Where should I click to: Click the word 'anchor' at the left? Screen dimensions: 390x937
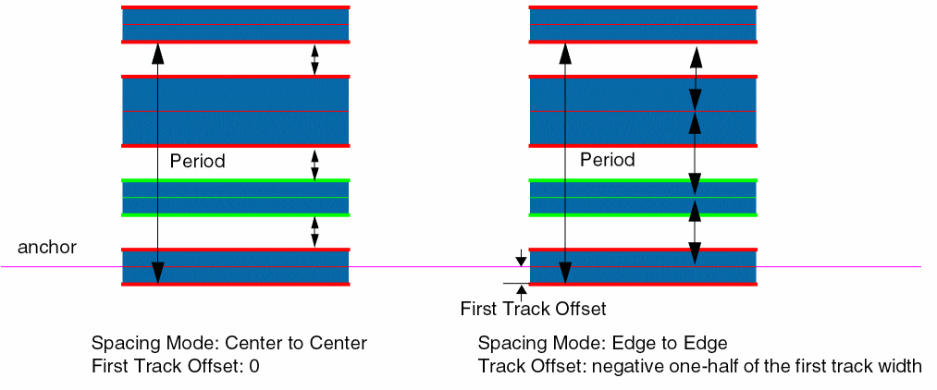pos(47,248)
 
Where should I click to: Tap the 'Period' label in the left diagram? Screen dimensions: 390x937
pos(198,161)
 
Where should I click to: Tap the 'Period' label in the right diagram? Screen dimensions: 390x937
pos(608,160)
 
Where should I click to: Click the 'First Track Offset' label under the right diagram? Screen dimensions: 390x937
pos(533,308)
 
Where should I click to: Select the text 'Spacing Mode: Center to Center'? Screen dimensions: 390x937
pos(229,344)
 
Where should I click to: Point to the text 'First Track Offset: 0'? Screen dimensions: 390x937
pos(176,366)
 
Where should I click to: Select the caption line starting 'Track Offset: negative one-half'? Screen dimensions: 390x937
pos(700,366)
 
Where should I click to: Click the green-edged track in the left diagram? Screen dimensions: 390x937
pos(236,198)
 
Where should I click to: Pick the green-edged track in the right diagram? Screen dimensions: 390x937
pos(643,198)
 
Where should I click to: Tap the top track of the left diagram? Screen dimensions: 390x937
pos(236,25)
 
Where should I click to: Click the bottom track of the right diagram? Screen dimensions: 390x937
pos(643,267)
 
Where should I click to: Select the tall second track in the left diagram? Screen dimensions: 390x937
pos(236,111)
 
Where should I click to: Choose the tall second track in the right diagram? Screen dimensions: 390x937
pos(643,111)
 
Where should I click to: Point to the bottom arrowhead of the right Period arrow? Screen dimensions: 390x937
pos(565,274)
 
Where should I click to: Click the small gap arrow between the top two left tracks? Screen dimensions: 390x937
pos(314,59)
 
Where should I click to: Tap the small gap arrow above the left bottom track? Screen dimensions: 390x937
pos(314,232)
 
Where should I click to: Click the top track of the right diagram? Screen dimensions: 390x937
pos(643,25)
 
